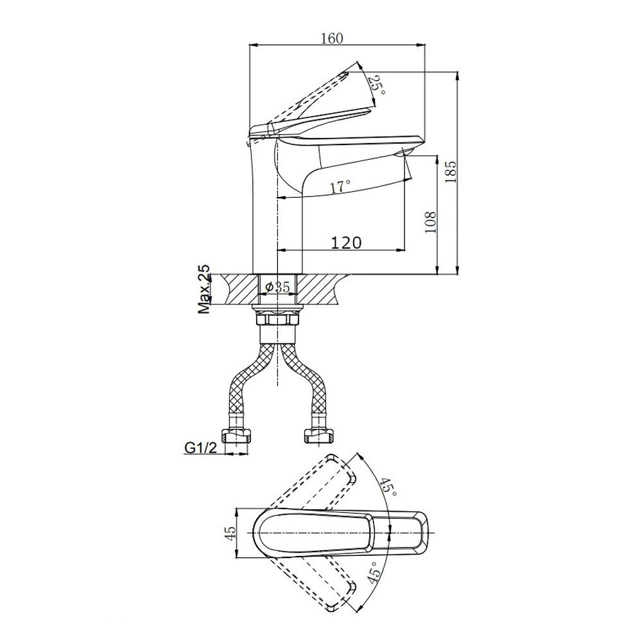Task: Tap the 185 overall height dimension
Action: (451, 172)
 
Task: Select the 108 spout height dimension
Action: (430, 222)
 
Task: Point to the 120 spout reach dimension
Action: (346, 243)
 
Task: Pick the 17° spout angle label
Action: (340, 186)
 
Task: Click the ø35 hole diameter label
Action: (277, 287)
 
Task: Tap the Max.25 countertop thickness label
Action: (204, 289)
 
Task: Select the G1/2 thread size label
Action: (200, 448)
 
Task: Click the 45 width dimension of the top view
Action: (231, 533)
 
